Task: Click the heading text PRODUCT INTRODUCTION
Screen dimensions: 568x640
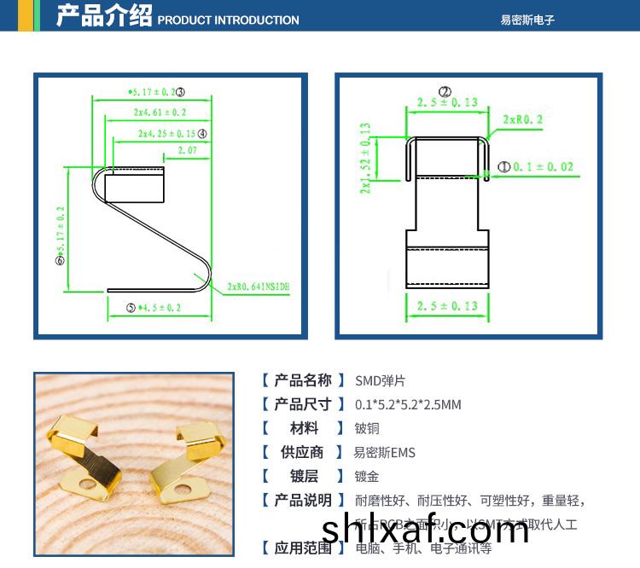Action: pos(229,20)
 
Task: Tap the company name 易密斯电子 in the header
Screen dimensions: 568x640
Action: pos(527,20)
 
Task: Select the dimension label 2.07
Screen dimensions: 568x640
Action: pos(187,150)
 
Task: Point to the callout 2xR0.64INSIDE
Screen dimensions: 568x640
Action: pos(259,287)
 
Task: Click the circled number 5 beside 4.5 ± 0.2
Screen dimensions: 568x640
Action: pos(131,307)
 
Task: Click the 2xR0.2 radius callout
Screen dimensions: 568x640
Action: pos(523,119)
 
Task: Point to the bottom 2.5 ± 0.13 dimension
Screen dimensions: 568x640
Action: pos(447,305)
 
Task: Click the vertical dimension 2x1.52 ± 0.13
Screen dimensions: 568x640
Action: pos(366,157)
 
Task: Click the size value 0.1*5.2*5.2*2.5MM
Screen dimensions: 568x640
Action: pos(408,404)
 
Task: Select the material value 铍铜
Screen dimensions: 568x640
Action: pos(367,428)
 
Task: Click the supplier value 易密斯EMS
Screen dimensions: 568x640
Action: pos(384,453)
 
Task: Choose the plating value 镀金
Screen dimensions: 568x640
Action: pos(367,477)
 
